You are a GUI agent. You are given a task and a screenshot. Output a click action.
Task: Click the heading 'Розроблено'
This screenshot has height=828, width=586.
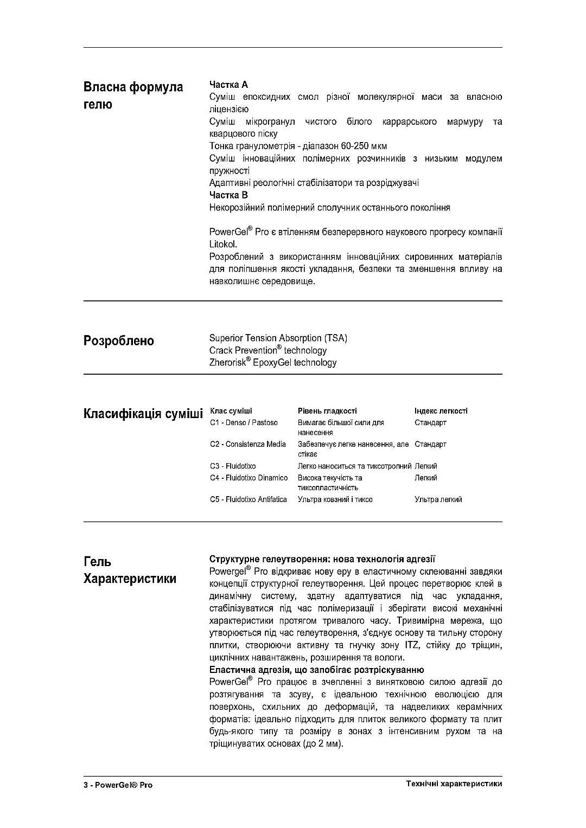pyautogui.click(x=118, y=341)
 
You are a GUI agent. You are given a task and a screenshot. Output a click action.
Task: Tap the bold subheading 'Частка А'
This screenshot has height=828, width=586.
pyautogui.click(x=228, y=85)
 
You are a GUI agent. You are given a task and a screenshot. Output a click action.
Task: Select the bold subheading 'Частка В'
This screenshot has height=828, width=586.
pyautogui.click(x=228, y=195)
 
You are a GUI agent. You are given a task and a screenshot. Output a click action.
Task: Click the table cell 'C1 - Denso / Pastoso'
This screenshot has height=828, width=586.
pyautogui.click(x=244, y=422)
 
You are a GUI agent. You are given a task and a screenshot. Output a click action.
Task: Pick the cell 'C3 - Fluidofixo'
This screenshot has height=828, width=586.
pyautogui.click(x=233, y=466)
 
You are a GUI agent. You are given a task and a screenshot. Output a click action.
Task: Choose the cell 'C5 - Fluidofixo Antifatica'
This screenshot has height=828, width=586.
pyautogui.click(x=248, y=499)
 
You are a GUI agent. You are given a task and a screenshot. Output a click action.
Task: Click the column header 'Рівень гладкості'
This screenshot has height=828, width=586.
pyautogui.click(x=327, y=411)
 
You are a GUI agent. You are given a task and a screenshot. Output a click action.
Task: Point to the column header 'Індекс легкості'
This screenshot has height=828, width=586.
pyautogui.click(x=441, y=411)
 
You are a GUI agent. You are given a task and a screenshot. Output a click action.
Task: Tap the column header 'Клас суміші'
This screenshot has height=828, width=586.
pyautogui.click(x=231, y=411)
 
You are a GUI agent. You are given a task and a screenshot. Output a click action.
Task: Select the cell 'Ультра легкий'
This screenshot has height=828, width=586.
pyautogui.click(x=438, y=499)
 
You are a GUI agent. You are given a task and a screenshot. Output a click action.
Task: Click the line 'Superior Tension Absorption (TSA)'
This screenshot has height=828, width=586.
pyautogui.click(x=278, y=338)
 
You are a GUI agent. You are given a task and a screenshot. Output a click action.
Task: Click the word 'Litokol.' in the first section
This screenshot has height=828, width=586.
pyautogui.click(x=223, y=245)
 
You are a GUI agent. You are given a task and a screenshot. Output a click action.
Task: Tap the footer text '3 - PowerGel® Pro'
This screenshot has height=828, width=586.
pyautogui.click(x=118, y=785)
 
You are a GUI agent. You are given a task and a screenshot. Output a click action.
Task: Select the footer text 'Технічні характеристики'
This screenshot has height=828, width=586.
pyautogui.click(x=454, y=784)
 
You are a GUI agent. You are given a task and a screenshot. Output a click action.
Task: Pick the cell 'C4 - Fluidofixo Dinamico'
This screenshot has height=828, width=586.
pyautogui.click(x=249, y=478)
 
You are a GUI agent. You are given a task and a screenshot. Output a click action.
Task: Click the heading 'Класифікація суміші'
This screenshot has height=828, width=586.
pyautogui.click(x=143, y=414)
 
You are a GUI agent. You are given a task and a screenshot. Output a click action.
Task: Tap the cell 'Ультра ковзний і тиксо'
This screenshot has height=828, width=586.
pyautogui.click(x=335, y=499)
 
